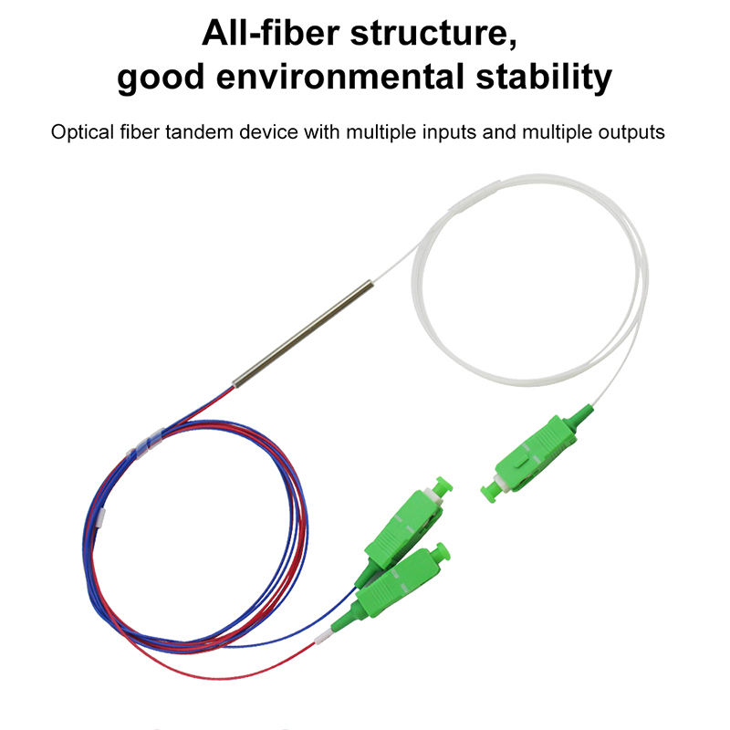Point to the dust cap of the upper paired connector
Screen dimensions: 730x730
coord(443,485)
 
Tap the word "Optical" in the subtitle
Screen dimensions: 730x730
coord(81,132)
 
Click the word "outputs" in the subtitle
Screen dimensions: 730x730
coord(626,132)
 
